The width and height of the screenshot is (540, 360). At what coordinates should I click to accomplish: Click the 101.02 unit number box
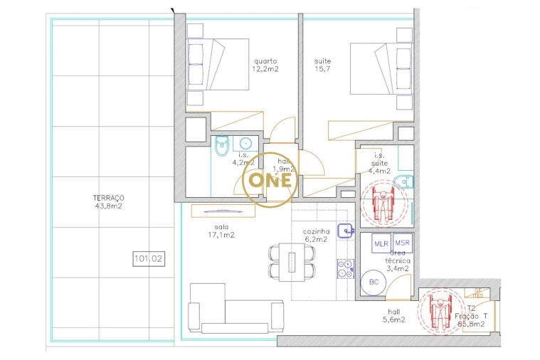(x=148, y=259)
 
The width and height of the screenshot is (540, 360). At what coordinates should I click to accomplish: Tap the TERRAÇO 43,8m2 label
(x=108, y=202)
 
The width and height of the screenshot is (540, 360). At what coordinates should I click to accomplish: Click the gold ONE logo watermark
(x=270, y=180)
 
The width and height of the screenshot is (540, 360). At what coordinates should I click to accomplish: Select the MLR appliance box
(x=381, y=243)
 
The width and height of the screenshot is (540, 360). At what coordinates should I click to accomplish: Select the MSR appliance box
(x=402, y=243)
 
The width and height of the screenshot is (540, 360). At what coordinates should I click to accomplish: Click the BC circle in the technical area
(x=374, y=282)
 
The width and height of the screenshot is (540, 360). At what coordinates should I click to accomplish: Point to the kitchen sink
(x=346, y=229)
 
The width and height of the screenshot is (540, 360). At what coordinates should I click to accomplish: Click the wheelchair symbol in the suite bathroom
(x=383, y=203)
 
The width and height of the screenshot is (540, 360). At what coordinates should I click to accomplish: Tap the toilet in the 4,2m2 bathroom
(x=221, y=146)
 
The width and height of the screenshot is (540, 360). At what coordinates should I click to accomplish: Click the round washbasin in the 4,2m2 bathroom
(x=247, y=143)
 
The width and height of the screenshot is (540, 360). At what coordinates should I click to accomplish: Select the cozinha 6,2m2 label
(x=315, y=236)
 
